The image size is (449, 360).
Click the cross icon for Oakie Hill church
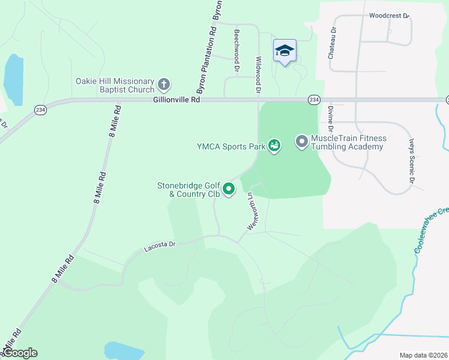[164, 83]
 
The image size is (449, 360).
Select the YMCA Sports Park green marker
[274, 145]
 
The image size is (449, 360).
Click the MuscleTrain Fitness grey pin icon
[301, 142]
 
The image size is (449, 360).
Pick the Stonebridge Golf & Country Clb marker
[229, 190]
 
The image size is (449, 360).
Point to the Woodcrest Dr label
[388, 16]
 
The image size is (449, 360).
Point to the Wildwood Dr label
[259, 75]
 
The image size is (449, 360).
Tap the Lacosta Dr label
[160, 245]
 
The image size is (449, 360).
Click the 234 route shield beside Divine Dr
[314, 100]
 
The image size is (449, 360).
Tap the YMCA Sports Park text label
[231, 146]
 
